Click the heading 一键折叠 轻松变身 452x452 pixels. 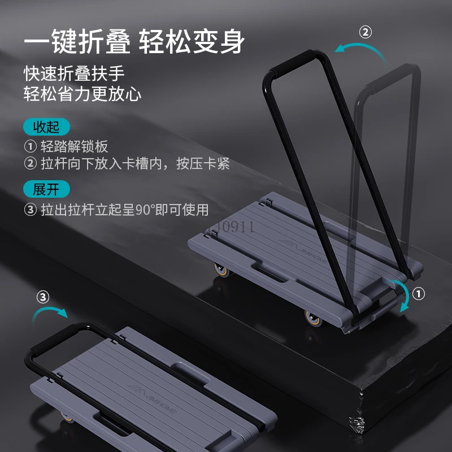click(x=135, y=42)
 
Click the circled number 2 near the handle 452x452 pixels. click(x=366, y=32)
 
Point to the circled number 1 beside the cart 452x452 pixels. click(x=419, y=293)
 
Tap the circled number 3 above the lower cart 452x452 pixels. click(x=43, y=296)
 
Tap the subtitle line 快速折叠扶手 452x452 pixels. click(x=74, y=73)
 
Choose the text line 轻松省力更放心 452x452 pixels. click(x=82, y=94)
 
